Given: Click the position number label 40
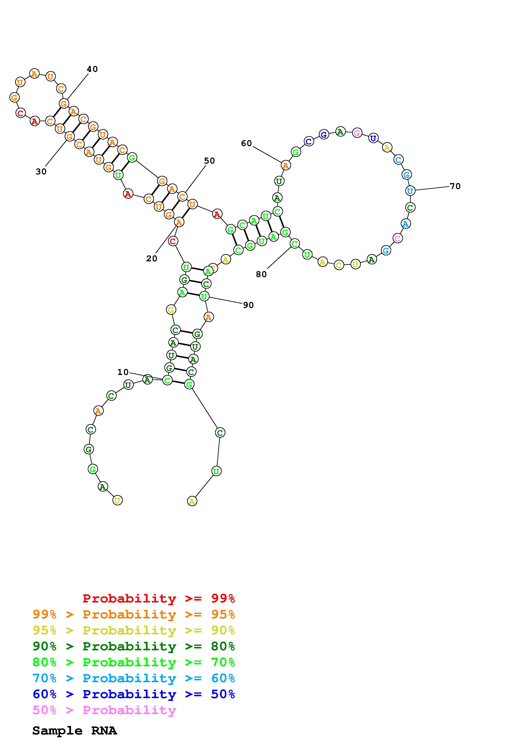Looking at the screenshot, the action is click(92, 69).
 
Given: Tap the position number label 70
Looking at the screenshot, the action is click(455, 186).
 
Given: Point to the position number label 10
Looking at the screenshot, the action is click(123, 372).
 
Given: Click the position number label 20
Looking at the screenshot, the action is click(152, 258).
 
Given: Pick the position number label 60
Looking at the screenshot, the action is click(246, 143).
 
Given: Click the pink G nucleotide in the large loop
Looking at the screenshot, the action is click(357, 133).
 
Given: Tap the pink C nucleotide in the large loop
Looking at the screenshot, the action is click(398, 238).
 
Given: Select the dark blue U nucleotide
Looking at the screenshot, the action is click(374, 138).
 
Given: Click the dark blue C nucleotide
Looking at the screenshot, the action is click(309, 142).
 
